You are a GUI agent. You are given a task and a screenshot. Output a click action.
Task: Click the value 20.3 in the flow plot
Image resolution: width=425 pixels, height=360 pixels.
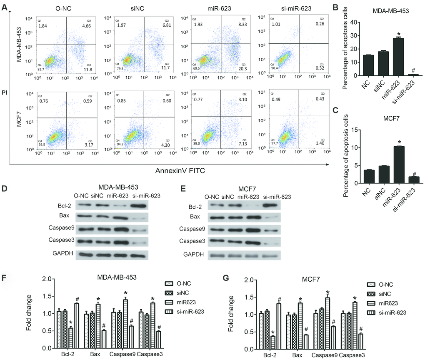coord(239,69)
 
